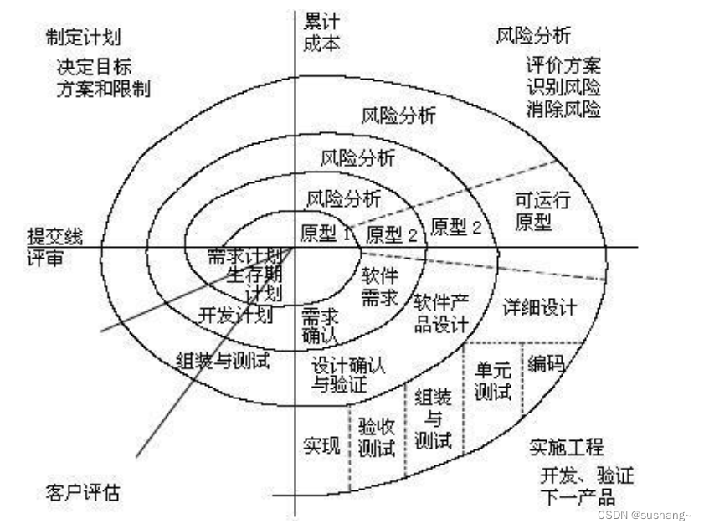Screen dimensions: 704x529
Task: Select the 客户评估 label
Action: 82,492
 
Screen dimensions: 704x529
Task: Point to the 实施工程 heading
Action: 565,447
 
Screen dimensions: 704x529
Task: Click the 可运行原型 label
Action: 542,210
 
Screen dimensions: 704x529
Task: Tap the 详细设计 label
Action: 540,307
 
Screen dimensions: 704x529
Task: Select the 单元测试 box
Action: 493,382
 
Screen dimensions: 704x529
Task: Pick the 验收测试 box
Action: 376,436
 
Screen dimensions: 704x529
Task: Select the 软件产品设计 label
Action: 440,313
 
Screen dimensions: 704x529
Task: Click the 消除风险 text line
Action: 563,108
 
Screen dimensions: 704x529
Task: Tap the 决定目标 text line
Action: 94,66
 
